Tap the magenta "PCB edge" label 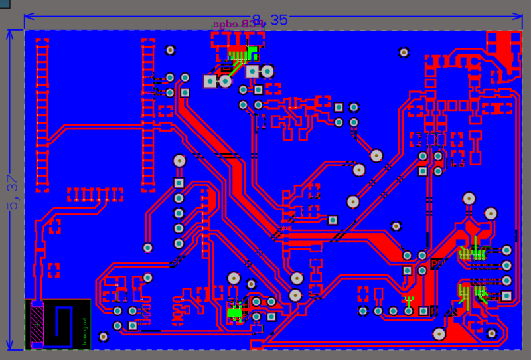point(238,23)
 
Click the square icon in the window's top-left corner point(5,5)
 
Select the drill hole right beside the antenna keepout point(104,336)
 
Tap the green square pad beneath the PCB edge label point(252,53)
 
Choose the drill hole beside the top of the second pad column point(171,50)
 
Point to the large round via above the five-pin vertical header point(179,160)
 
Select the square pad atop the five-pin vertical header point(179,183)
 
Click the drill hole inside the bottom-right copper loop point(491,333)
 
